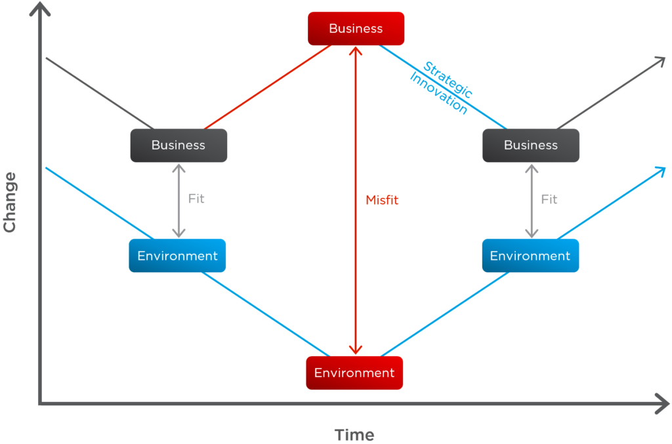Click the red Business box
pyautogui.click(x=356, y=28)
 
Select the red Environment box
pyautogui.click(x=354, y=373)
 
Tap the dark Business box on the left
pyautogui.click(x=178, y=145)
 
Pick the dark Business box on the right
pyautogui.click(x=531, y=145)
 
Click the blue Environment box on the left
pyautogui.click(x=177, y=256)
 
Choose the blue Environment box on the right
pyautogui.click(x=530, y=256)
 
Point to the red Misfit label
pyautogui.click(x=382, y=200)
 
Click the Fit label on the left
pyautogui.click(x=196, y=198)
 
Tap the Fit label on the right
pyautogui.click(x=549, y=198)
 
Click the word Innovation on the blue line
pyautogui.click(x=438, y=93)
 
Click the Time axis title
pyautogui.click(x=354, y=434)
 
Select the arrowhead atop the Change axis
pyautogui.click(x=41, y=9)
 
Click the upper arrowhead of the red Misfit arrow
pyautogui.click(x=355, y=52)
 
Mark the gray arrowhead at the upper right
pyautogui.click(x=659, y=60)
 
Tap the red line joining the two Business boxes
pyautogui.click(x=268, y=87)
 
